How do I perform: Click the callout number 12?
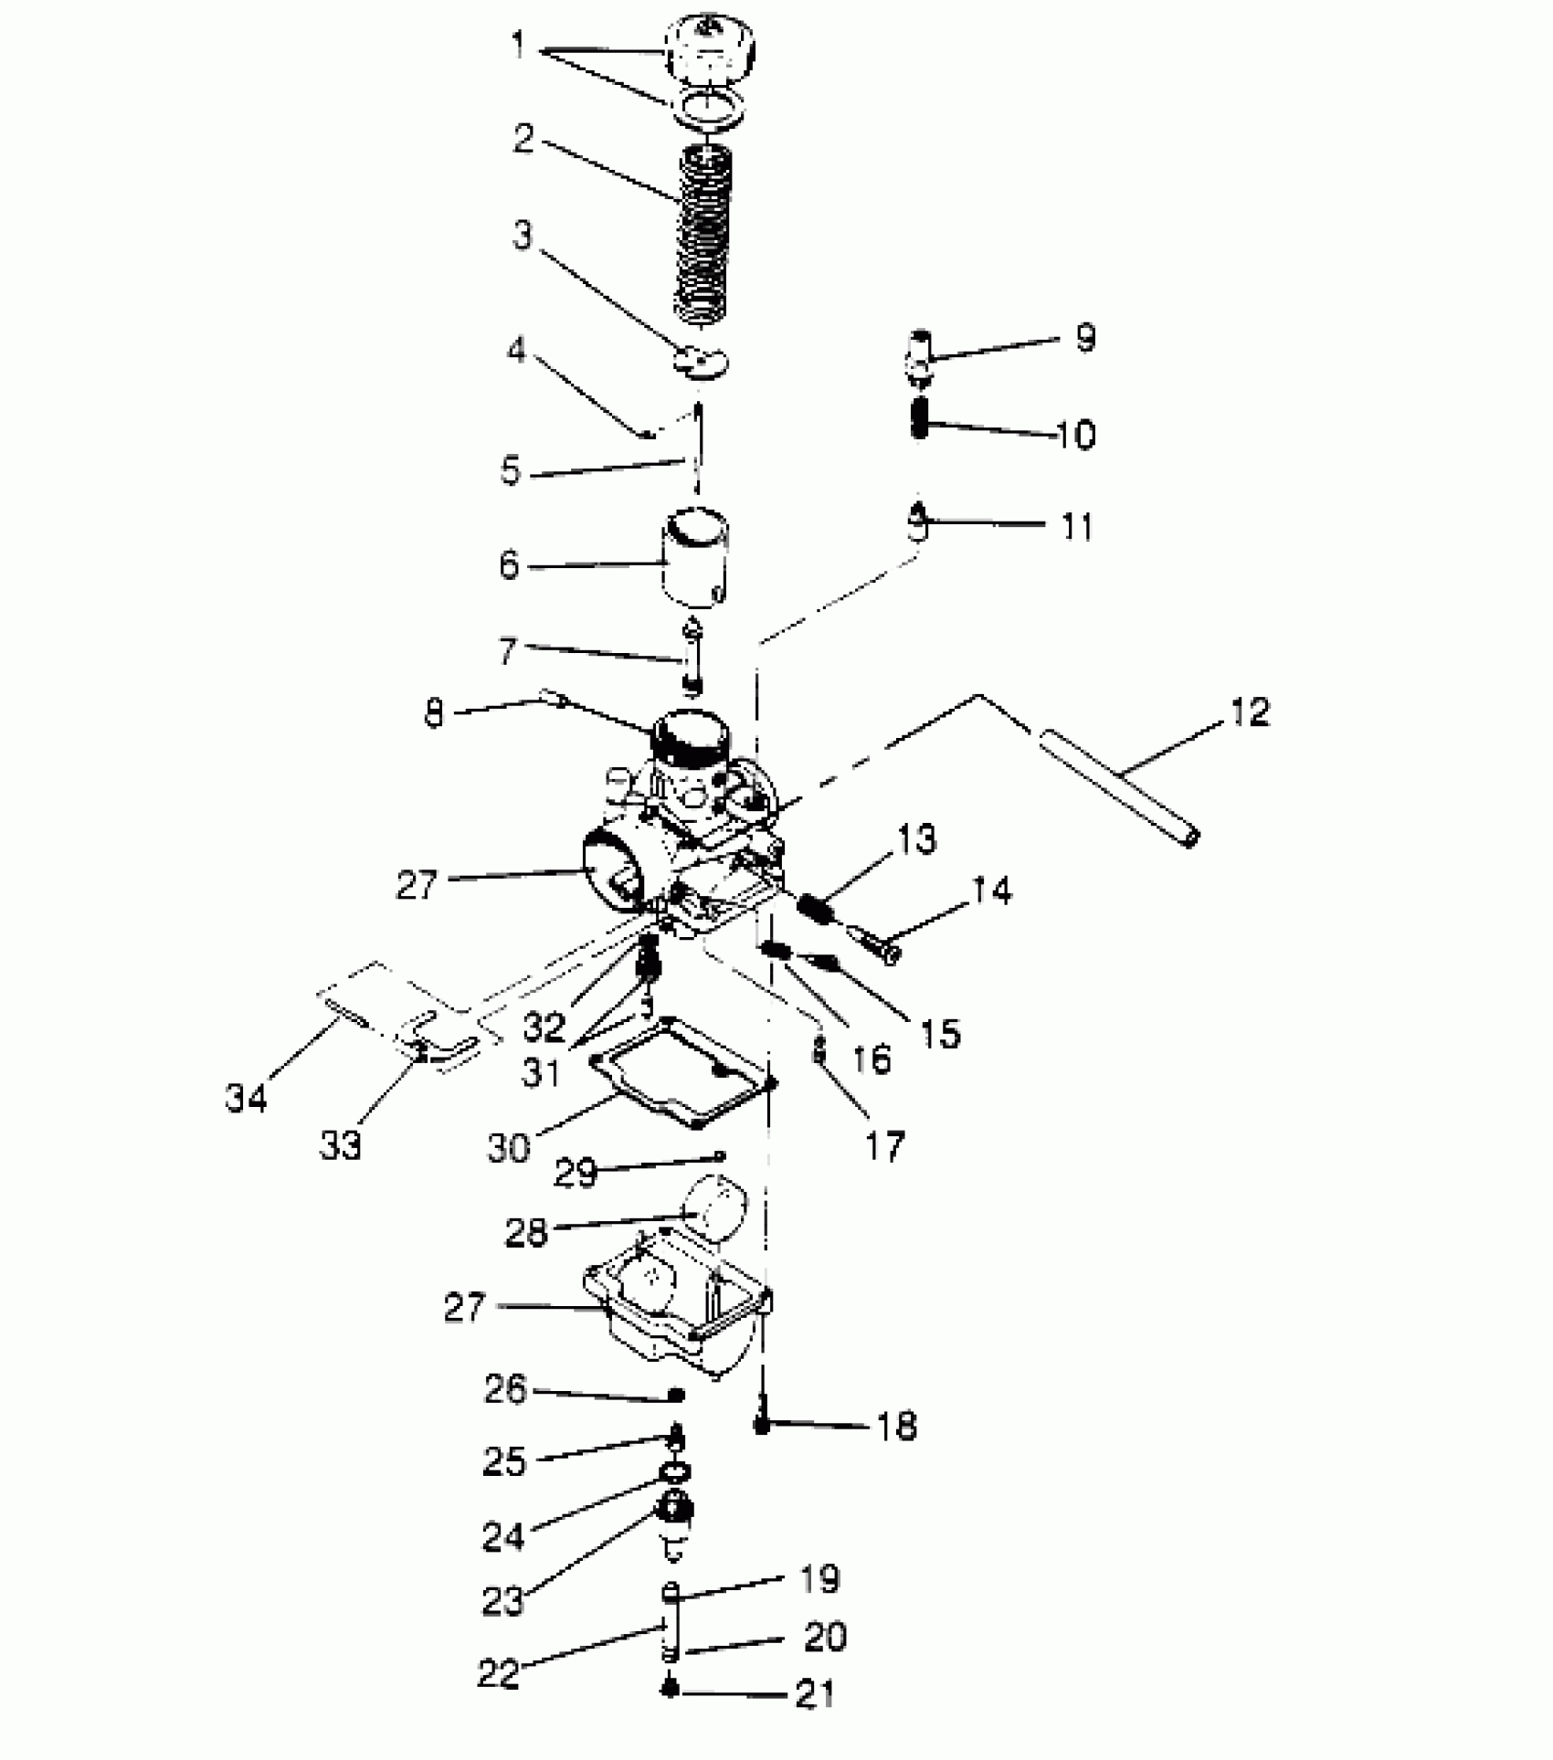pyautogui.click(x=1249, y=711)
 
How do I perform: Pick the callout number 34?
pyautogui.click(x=246, y=1097)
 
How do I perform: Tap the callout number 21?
pyautogui.click(x=815, y=1693)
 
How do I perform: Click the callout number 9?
pyautogui.click(x=1084, y=338)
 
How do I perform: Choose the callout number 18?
pyautogui.click(x=896, y=1425)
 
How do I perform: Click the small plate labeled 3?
pyautogui.click(x=701, y=359)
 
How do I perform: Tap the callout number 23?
pyautogui.click(x=502, y=1600)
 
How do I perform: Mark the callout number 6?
pyautogui.click(x=509, y=565)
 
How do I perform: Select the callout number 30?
pyautogui.click(x=508, y=1148)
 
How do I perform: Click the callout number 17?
pyautogui.click(x=883, y=1145)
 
